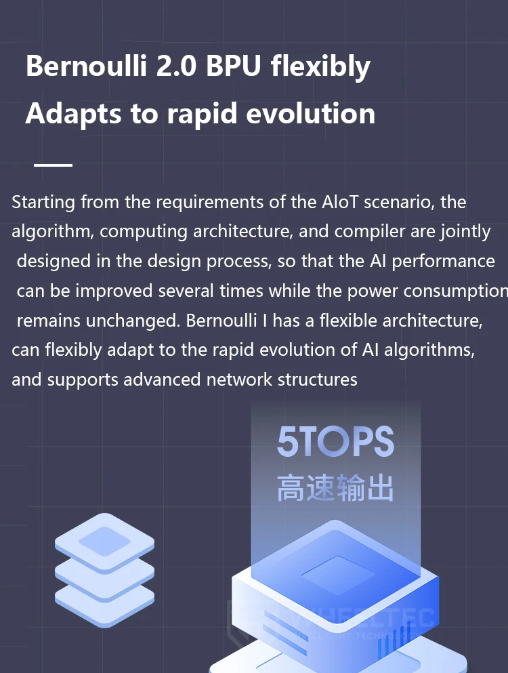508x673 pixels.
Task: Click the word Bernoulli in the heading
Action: point(86,66)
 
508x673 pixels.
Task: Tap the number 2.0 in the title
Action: point(176,66)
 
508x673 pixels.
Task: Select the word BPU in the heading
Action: point(234,66)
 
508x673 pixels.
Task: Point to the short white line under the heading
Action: point(54,165)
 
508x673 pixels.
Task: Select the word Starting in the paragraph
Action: point(43,202)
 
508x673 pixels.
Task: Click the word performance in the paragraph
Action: point(443,262)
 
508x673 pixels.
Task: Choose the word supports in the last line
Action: point(83,380)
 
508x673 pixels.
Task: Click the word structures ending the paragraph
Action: point(317,380)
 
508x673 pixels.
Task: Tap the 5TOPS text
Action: point(335,442)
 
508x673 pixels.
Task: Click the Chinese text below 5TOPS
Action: point(335,488)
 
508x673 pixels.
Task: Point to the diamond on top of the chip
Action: point(338,575)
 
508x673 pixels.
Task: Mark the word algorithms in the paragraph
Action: point(429,350)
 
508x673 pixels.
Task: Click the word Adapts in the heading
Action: point(73,115)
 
